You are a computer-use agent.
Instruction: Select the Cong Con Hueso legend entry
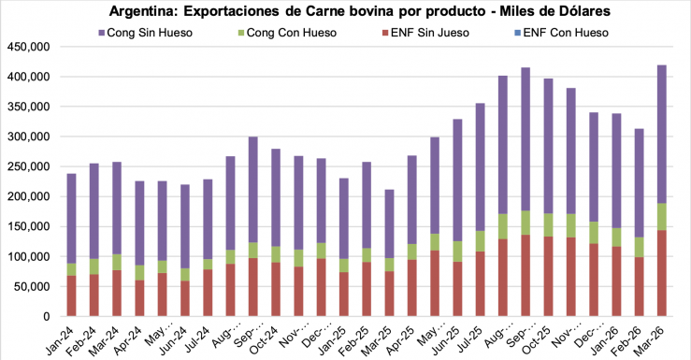click(281, 33)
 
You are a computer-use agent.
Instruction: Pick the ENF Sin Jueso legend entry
click(419, 33)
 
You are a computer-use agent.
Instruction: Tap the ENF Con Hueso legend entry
click(559, 33)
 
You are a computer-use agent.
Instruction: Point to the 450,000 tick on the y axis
click(30, 47)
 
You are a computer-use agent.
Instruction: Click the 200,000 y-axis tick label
click(30, 196)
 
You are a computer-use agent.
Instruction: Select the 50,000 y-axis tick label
click(34, 286)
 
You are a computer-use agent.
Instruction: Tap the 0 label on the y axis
click(47, 316)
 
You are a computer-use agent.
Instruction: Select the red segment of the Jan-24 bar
click(71, 295)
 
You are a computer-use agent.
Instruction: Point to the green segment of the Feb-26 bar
click(640, 247)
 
